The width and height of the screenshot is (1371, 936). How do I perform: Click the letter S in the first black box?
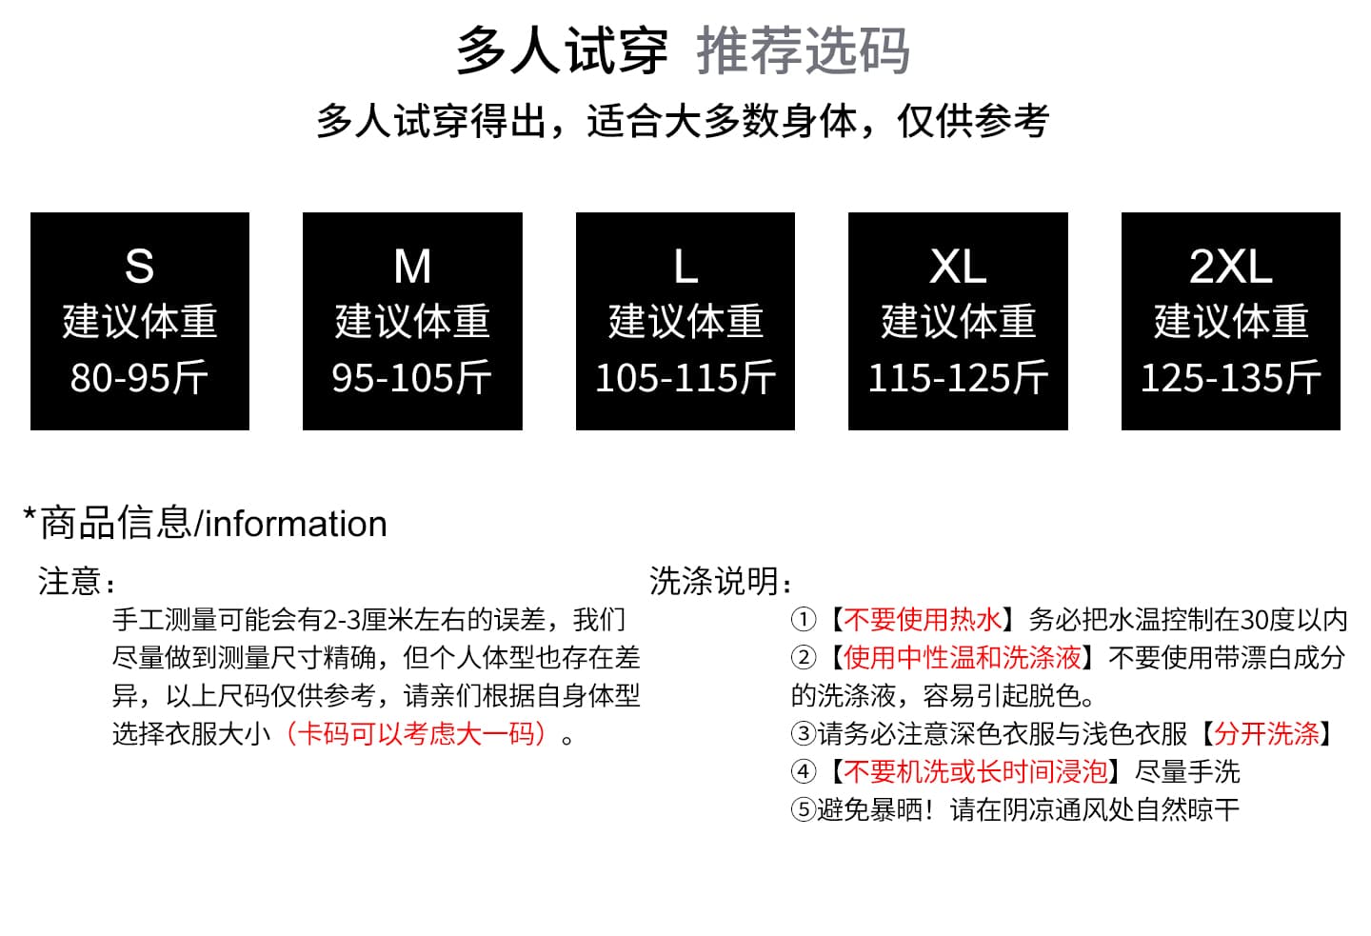140,267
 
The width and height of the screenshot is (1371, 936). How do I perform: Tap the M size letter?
412,267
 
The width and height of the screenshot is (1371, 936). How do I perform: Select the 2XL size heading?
1231,267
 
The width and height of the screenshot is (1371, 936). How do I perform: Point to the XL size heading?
958,267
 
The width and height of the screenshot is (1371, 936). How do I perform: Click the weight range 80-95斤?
140,377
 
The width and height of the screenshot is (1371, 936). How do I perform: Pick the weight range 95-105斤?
412,377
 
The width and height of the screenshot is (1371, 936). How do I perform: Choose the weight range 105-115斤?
685,377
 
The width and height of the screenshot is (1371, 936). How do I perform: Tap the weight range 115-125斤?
958,377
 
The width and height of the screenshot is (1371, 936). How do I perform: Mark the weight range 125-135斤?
1231,377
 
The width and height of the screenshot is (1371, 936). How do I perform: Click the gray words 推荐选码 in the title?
803,50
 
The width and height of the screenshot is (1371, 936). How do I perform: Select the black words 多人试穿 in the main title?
562,50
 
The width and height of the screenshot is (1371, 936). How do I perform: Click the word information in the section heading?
295,524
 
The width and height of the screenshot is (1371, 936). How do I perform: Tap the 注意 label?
69,580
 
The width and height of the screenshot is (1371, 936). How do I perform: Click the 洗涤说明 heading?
714,580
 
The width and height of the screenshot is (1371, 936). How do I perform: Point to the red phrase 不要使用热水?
923,620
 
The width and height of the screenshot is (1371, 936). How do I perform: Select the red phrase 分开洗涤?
1266,733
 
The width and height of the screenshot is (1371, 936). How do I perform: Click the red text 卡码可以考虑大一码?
415,733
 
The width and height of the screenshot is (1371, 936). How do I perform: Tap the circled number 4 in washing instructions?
804,771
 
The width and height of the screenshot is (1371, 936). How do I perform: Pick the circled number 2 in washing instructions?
804,657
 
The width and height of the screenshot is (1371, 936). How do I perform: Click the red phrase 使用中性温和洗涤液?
963,657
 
